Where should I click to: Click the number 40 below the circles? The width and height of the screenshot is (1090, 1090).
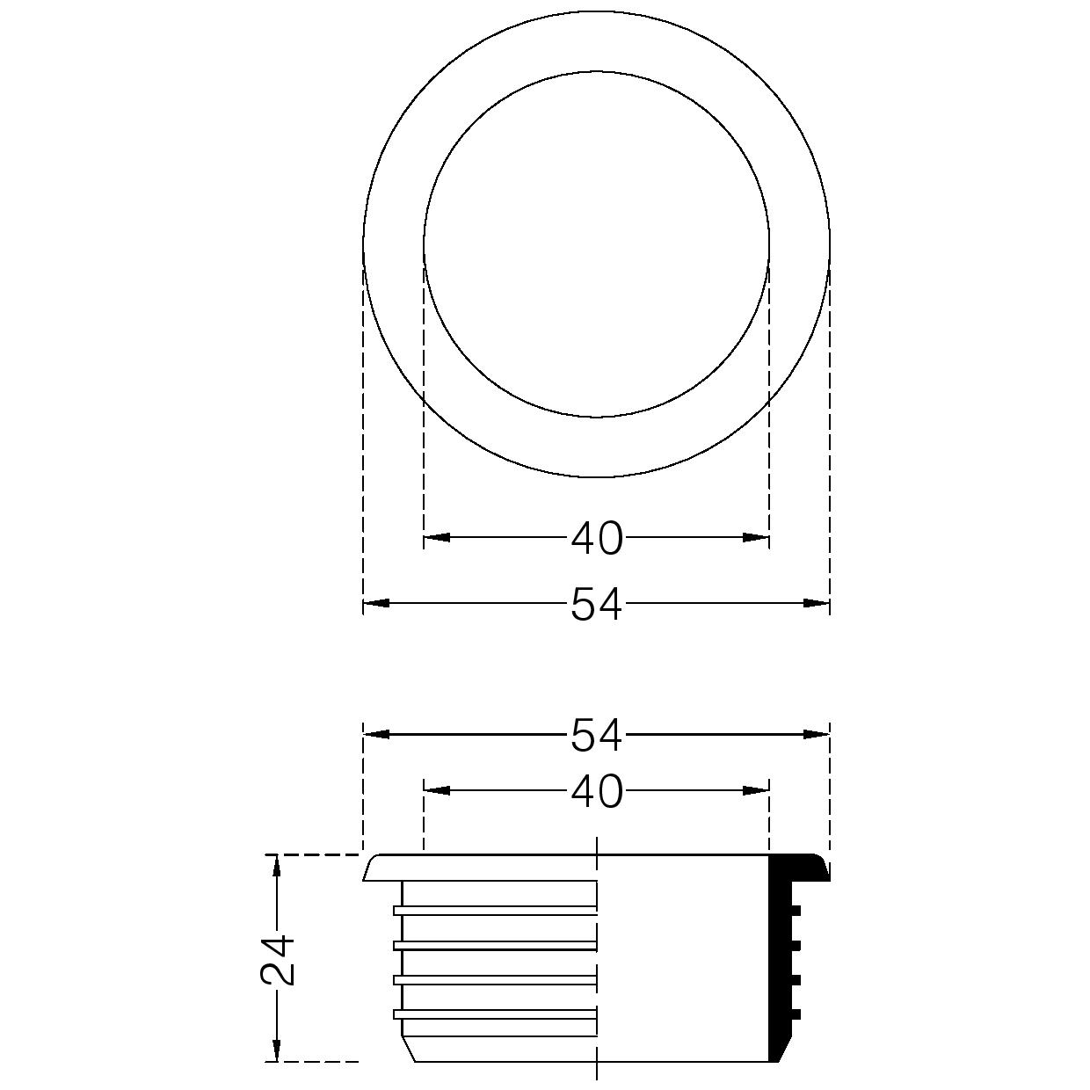597,538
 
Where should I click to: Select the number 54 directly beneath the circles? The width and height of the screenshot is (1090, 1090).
596,604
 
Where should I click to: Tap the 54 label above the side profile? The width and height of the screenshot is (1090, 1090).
596,735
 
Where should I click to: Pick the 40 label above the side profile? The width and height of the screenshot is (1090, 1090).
597,792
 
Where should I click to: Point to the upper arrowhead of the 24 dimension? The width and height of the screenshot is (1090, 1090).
277,868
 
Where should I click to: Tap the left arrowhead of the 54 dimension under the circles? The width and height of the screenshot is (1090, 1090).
377,604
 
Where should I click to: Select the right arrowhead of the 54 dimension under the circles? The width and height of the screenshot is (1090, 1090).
817,604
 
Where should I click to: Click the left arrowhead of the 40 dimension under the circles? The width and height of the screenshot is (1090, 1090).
437,537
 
